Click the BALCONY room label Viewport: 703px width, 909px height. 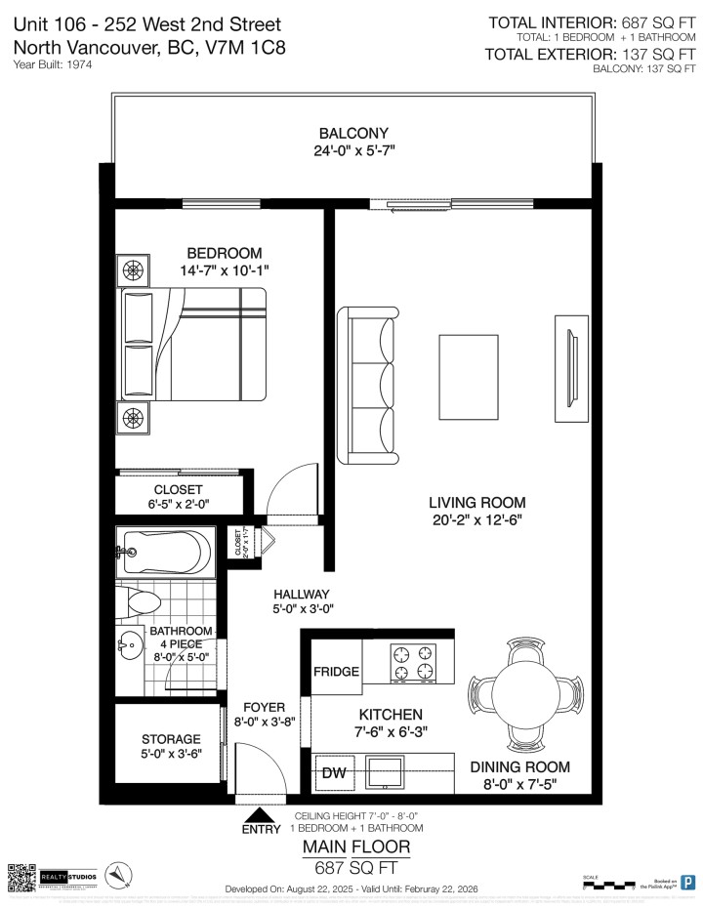(x=352, y=134)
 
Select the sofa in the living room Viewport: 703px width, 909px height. (x=366, y=385)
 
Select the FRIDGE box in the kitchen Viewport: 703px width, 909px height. (x=336, y=673)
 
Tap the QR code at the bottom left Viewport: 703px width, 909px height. (x=21, y=876)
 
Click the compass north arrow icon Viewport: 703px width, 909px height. (x=117, y=875)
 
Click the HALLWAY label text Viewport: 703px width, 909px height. (x=301, y=594)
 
